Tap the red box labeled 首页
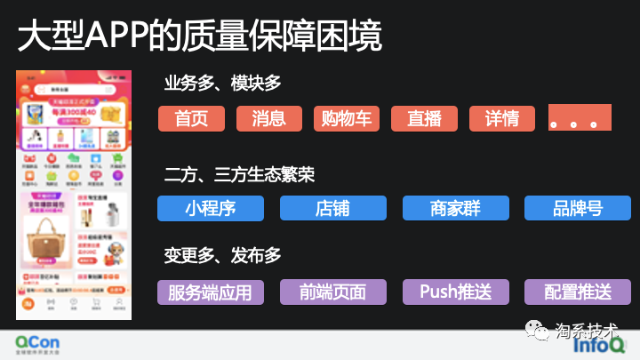191,119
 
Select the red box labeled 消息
269,119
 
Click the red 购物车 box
347,119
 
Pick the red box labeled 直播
424,119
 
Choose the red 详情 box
501,119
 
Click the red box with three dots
580,117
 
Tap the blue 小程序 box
211,208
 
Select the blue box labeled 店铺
332,208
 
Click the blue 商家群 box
455,208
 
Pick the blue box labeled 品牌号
577,208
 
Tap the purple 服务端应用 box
211,292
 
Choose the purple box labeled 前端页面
332,292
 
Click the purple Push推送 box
455,292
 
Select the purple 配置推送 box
577,292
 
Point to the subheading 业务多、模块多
222,83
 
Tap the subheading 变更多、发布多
222,256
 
